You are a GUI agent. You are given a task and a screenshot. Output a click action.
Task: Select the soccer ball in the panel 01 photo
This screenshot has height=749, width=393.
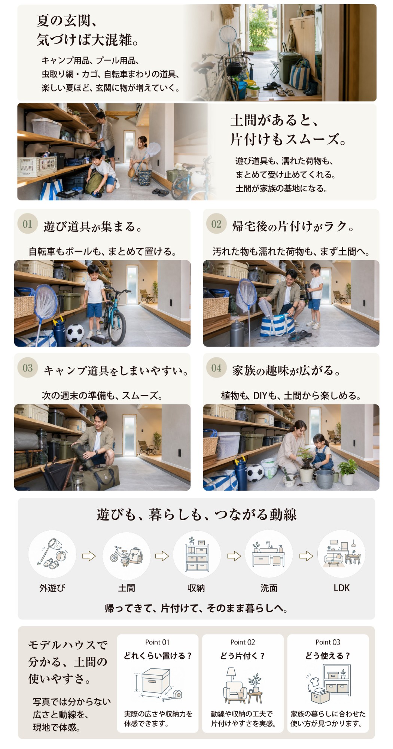coord(75,333)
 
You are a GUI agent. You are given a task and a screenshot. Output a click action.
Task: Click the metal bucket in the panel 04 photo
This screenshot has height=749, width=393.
coord(324,479)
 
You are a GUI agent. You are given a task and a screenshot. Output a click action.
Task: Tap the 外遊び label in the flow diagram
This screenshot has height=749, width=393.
coord(52,588)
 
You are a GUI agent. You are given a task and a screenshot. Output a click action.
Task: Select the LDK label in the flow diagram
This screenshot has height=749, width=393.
coord(341,588)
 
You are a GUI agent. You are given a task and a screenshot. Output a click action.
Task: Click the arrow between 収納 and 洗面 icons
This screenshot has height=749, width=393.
coord(234,556)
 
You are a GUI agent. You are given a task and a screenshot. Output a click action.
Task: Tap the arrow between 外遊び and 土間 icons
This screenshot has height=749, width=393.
coord(89,556)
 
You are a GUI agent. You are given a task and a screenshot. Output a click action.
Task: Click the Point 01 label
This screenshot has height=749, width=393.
coord(157,642)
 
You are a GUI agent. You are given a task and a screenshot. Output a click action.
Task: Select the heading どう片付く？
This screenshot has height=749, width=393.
coord(243,656)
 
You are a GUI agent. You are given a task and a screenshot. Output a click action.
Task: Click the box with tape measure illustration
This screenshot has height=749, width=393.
coord(158,684)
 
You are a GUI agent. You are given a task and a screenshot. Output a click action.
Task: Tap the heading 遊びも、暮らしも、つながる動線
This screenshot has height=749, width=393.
coord(196,515)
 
